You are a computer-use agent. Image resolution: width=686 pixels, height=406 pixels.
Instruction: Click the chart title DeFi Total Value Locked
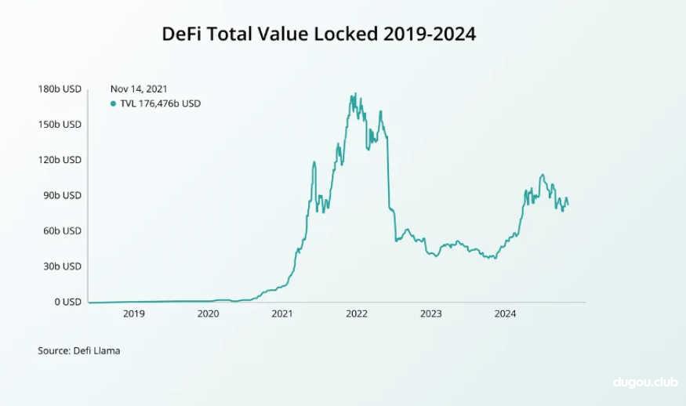pyautogui.click(x=318, y=34)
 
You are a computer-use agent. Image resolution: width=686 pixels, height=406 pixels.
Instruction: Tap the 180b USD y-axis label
pyautogui.click(x=60, y=89)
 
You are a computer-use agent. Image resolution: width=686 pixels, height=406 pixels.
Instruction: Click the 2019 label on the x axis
pyautogui.click(x=134, y=314)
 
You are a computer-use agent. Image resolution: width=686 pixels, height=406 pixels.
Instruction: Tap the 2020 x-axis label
pyautogui.click(x=208, y=314)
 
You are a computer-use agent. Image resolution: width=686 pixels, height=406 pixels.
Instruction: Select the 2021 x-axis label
pyautogui.click(x=282, y=314)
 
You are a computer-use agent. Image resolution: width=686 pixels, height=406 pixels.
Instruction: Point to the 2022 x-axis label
pyautogui.click(x=357, y=314)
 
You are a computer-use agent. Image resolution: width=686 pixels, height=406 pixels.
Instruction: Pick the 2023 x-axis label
pyautogui.click(x=430, y=314)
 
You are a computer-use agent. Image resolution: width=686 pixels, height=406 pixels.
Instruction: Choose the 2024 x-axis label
pyautogui.click(x=505, y=314)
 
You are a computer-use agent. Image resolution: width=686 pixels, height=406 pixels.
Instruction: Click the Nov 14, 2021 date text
pyautogui.click(x=139, y=89)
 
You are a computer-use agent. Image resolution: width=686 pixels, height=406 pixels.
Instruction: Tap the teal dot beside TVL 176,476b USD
pyautogui.click(x=114, y=103)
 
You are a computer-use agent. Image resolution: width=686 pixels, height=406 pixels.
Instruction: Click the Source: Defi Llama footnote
pyautogui.click(x=79, y=350)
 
